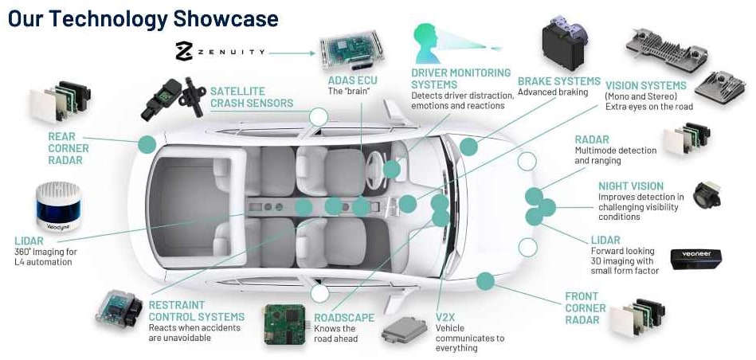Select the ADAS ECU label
(x=353, y=80)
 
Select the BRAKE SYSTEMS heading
(x=558, y=81)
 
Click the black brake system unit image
(x=566, y=43)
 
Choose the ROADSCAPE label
(x=344, y=318)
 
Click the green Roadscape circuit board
(x=286, y=321)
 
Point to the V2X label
(x=446, y=318)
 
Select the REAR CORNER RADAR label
(x=69, y=148)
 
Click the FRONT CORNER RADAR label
(x=586, y=308)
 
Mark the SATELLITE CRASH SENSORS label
(x=252, y=97)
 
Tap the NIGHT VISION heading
(x=630, y=186)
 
